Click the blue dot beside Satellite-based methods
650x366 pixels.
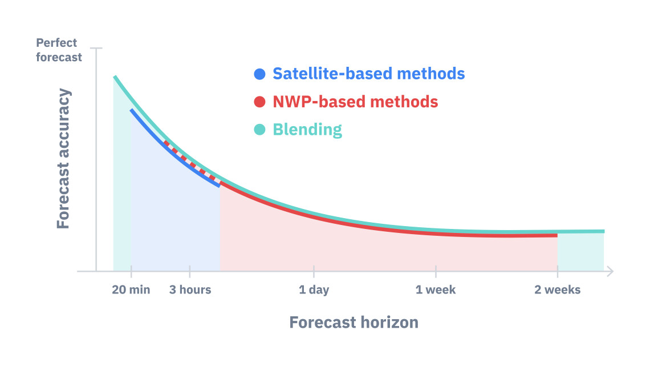(259, 74)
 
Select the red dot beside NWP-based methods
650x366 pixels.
(259, 102)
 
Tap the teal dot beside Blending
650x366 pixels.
(259, 130)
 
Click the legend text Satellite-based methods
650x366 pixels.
(368, 74)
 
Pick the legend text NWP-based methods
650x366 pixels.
(355, 102)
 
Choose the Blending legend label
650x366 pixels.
(307, 130)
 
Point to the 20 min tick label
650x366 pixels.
(131, 289)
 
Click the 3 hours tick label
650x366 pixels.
(190, 289)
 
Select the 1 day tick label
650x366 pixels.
(314, 290)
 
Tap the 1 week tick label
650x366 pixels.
(435, 289)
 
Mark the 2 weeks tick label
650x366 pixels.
(557, 289)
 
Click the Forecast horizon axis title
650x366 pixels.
(354, 323)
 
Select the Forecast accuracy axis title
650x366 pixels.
(63, 159)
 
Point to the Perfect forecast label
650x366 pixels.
(59, 50)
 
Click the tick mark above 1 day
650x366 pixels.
(314, 271)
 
